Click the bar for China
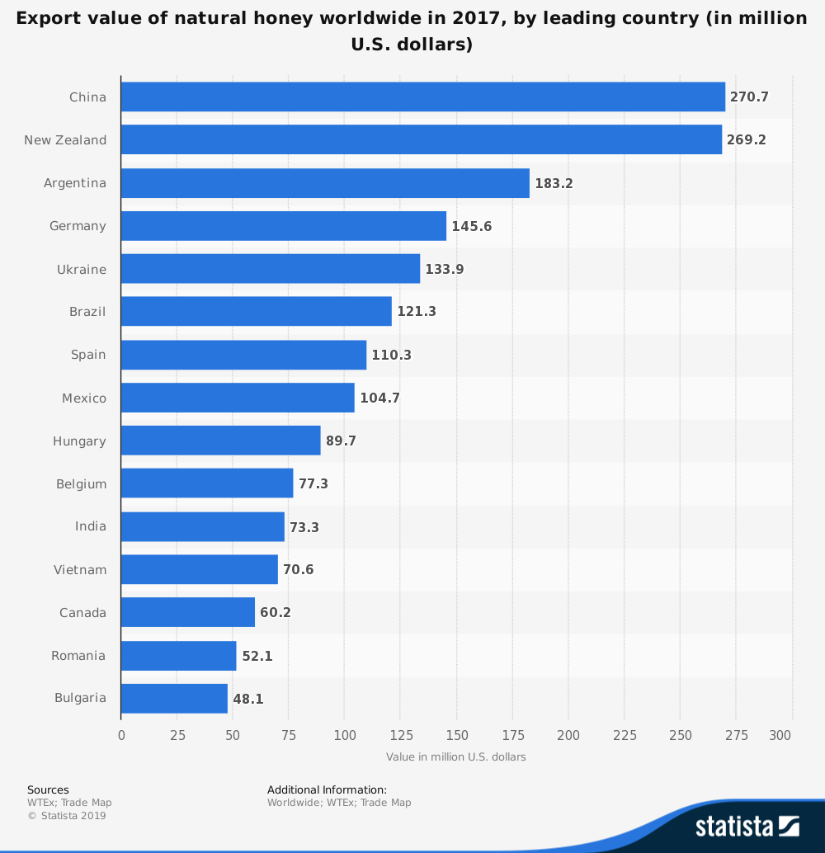(x=422, y=97)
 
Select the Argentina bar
(x=325, y=183)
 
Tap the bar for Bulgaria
(x=174, y=698)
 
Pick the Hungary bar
(x=220, y=441)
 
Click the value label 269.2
(x=747, y=140)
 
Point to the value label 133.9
(x=445, y=269)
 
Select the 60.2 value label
(x=276, y=613)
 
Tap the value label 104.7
(x=379, y=398)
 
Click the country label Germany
(x=78, y=226)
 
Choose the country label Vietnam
(x=80, y=569)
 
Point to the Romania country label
(x=78, y=656)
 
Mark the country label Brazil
(x=87, y=312)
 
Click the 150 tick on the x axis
(x=456, y=735)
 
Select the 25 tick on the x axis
(x=177, y=735)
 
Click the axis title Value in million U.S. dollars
(x=455, y=756)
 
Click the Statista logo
(x=747, y=826)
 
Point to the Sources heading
(x=48, y=789)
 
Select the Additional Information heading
(x=327, y=789)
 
